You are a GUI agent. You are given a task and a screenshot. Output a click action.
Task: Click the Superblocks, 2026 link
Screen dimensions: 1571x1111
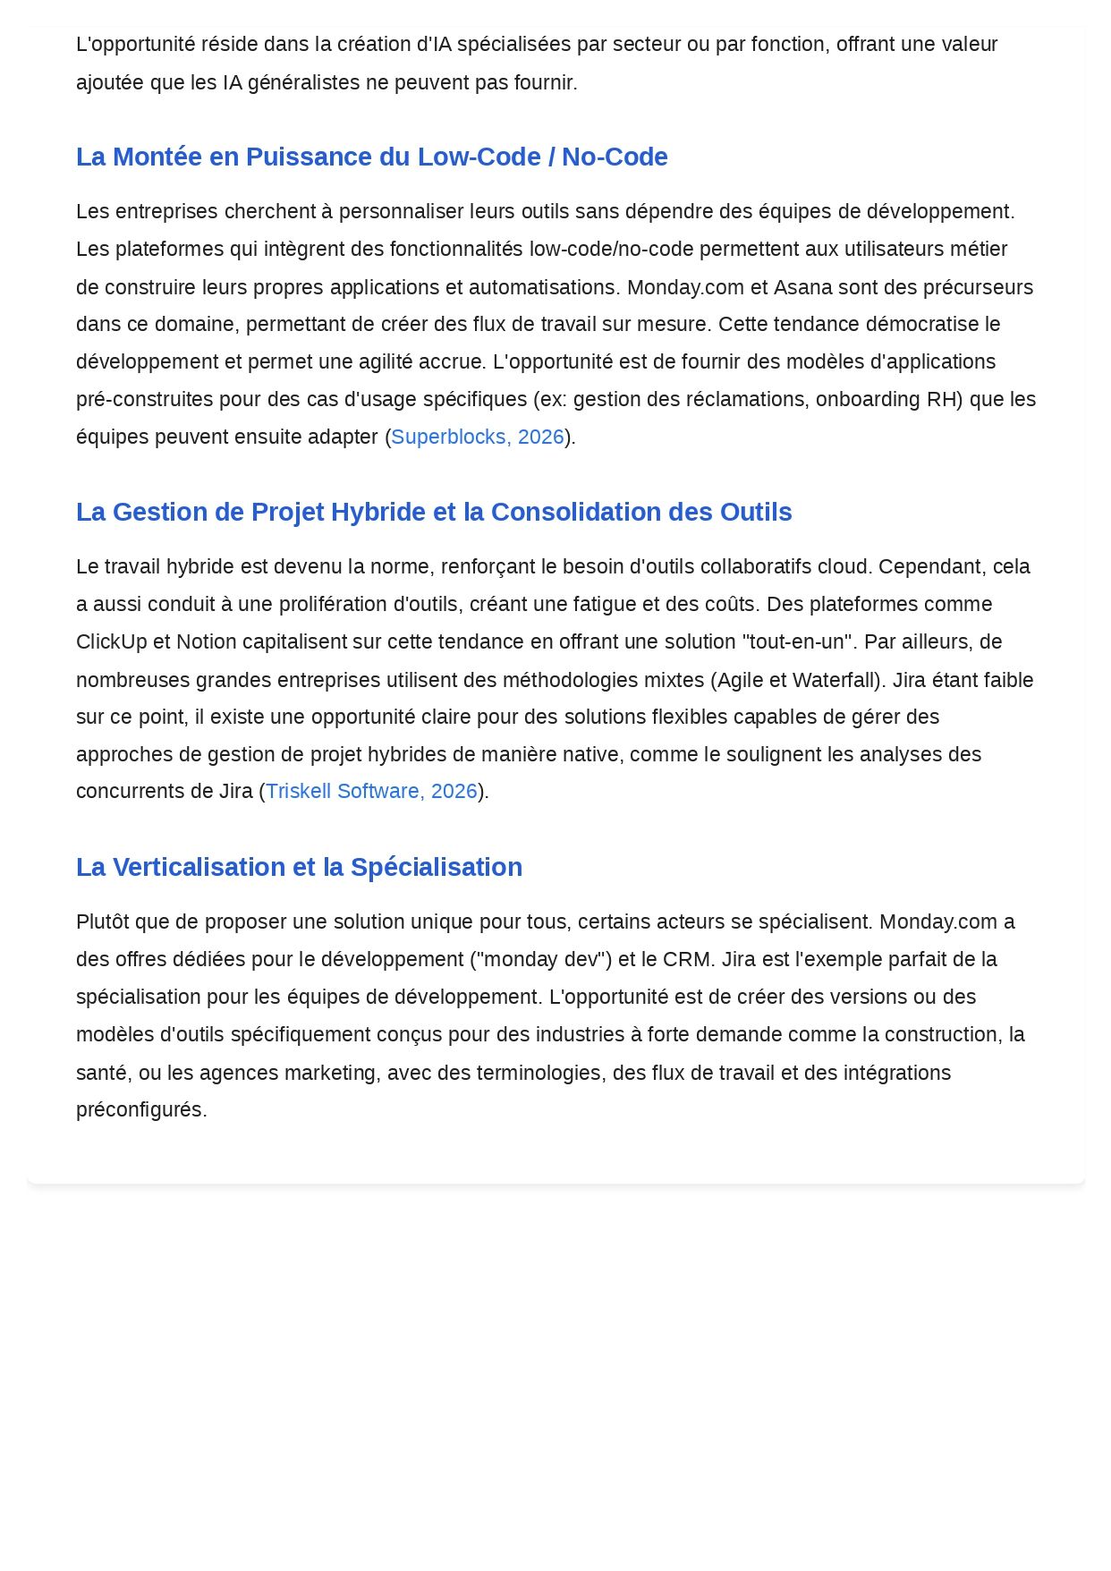point(478,437)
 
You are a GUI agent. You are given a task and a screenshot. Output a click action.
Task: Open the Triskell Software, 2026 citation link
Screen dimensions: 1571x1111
point(371,791)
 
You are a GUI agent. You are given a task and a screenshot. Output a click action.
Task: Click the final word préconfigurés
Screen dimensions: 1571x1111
point(141,1109)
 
